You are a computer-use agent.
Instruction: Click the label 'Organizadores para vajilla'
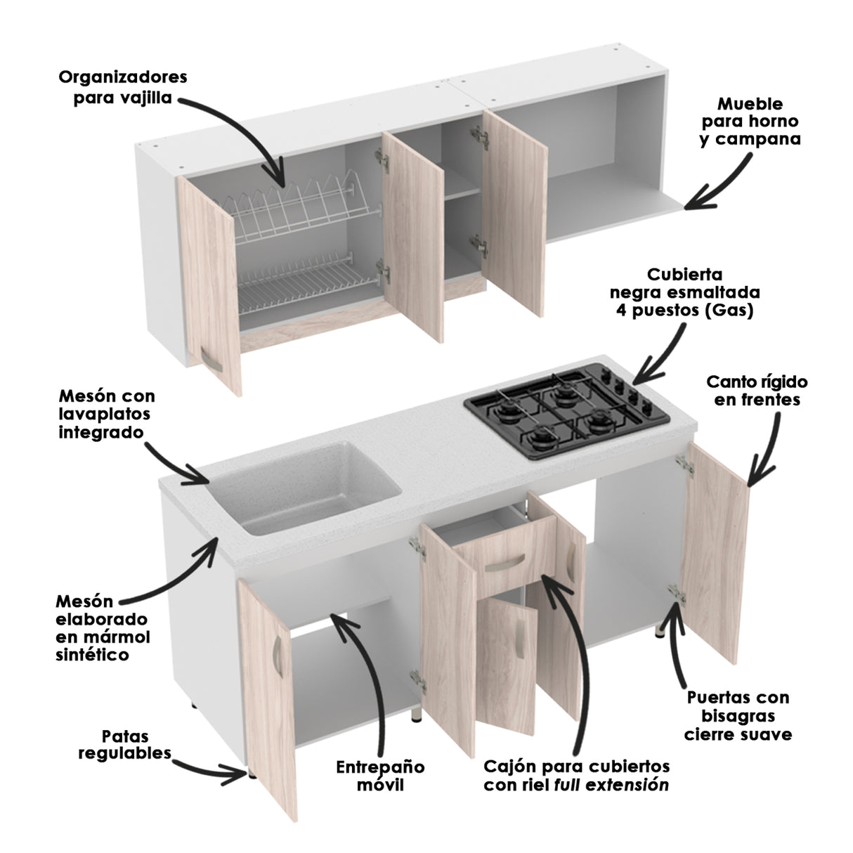click(123, 86)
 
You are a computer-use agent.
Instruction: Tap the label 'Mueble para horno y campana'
click(750, 122)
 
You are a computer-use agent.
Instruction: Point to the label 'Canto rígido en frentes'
click(757, 391)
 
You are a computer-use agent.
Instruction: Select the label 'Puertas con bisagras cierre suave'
click(738, 716)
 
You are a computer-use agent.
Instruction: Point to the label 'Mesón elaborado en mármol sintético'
click(103, 627)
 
